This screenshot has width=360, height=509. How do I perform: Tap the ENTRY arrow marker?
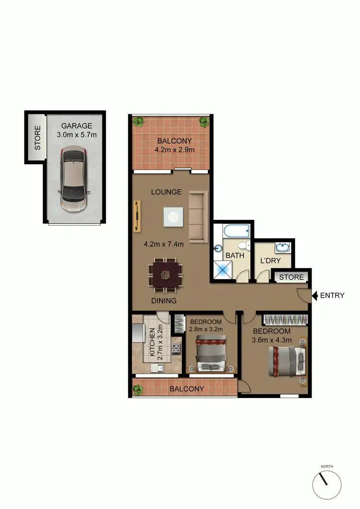[x=314, y=295]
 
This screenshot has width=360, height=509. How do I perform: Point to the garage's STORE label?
[x=37, y=138]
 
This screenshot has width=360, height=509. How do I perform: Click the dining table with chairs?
[x=166, y=275]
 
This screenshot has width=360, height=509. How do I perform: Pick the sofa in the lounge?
[x=198, y=216]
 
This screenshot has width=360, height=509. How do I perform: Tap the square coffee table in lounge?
[x=172, y=217]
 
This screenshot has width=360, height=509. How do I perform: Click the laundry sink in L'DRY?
[x=282, y=248]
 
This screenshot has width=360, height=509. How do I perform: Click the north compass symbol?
[x=327, y=485]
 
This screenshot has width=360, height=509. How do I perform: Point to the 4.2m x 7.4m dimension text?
[x=164, y=243]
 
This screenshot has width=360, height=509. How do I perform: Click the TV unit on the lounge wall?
[x=138, y=216]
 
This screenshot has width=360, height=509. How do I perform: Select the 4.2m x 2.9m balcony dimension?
[x=174, y=150]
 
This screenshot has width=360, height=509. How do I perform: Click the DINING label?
[x=164, y=301]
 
